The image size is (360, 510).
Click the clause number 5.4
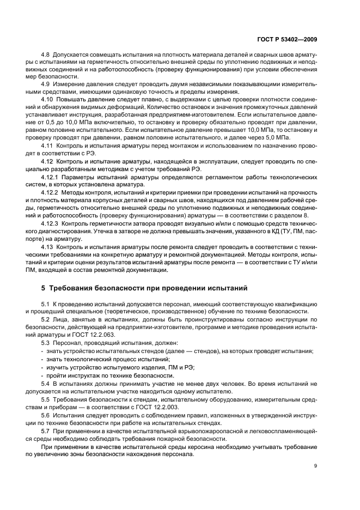pyautogui.click(x=45, y=384)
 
